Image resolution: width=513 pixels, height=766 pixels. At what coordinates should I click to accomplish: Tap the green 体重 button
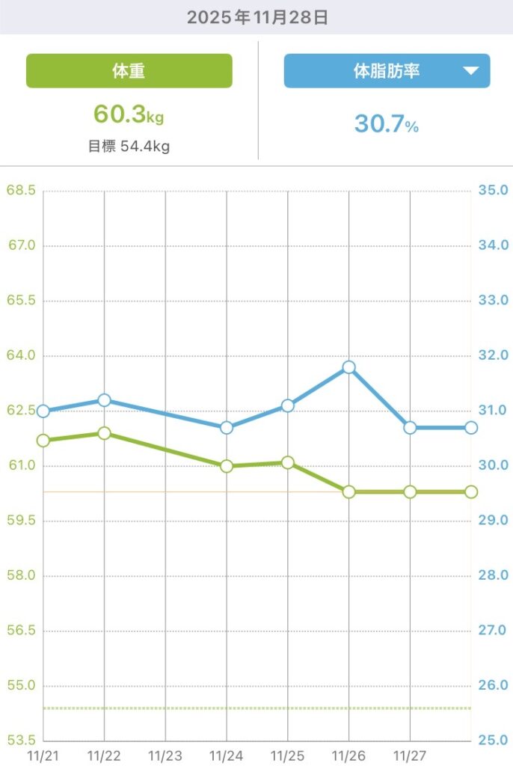tap(129, 71)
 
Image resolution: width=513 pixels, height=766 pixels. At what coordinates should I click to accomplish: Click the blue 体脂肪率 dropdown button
tap(386, 71)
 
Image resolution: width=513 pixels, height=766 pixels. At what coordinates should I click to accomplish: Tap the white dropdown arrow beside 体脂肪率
tap(470, 71)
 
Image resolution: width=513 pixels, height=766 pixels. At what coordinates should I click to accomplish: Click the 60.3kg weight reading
tap(128, 114)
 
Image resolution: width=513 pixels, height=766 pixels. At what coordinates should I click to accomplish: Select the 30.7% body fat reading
tap(386, 123)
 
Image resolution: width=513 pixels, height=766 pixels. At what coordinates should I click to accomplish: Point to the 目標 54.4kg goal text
tap(129, 147)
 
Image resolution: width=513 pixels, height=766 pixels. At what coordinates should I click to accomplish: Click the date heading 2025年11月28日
tap(256, 17)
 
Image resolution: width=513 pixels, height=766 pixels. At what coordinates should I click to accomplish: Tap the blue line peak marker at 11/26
tap(348, 367)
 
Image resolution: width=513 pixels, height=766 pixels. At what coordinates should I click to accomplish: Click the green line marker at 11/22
tap(105, 433)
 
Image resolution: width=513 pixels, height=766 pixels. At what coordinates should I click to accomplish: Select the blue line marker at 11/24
tap(227, 428)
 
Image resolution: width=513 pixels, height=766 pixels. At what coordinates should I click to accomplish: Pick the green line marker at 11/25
tap(288, 462)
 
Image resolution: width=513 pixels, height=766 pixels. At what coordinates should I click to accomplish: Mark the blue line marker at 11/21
tap(43, 411)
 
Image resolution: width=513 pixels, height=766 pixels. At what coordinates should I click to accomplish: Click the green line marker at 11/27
tap(410, 491)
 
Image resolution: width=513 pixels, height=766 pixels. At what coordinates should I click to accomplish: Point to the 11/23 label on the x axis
tap(165, 756)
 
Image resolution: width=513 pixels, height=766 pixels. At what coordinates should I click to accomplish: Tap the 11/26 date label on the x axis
tap(348, 756)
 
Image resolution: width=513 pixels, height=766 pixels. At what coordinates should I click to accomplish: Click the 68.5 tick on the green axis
tap(21, 191)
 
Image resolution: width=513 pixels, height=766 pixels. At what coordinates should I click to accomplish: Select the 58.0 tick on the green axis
tap(21, 576)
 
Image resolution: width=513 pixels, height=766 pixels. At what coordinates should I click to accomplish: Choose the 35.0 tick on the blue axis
tap(493, 191)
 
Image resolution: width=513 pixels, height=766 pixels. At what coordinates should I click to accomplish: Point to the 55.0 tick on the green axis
tap(21, 686)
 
